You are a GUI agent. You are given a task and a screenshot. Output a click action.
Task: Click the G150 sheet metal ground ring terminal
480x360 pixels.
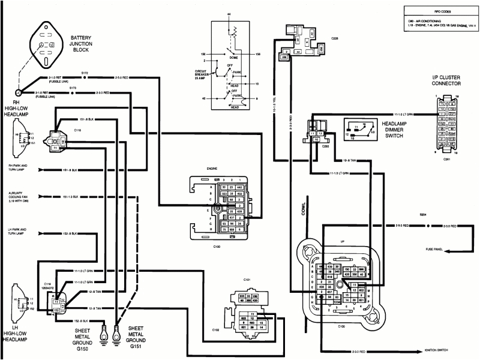tap(103, 330)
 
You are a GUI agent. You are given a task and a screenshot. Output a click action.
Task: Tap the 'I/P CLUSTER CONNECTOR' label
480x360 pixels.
tap(446, 80)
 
